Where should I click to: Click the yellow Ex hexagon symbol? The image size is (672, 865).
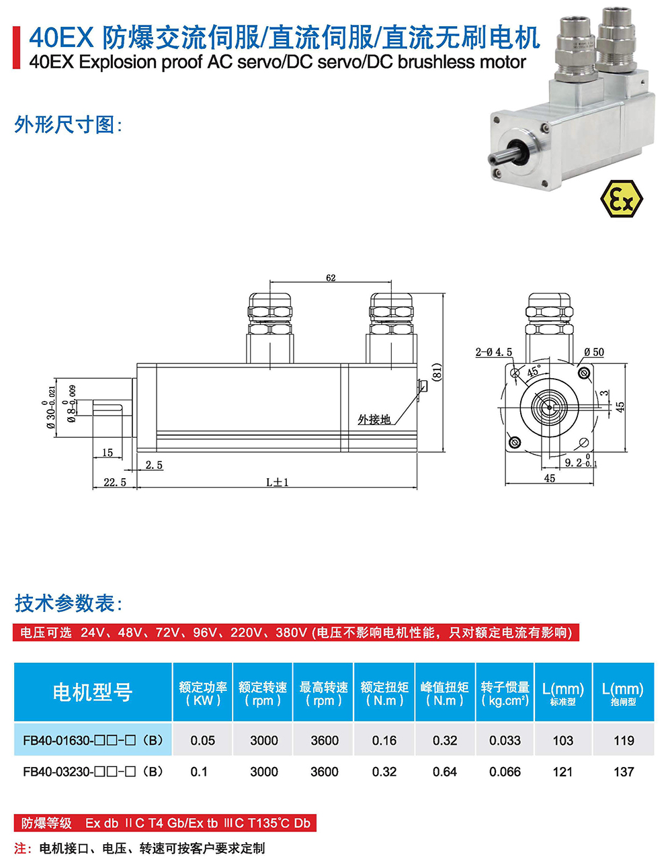pyautogui.click(x=622, y=198)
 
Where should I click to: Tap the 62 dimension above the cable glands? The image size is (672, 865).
pyautogui.click(x=331, y=277)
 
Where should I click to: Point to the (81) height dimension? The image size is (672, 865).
pyautogui.click(x=437, y=373)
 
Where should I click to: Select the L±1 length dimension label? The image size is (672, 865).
pyautogui.click(x=278, y=482)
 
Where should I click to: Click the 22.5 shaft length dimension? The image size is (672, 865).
pyautogui.click(x=115, y=482)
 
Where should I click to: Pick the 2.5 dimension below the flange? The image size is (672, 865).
pyautogui.click(x=154, y=465)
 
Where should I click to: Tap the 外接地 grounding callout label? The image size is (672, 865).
pyautogui.click(x=374, y=420)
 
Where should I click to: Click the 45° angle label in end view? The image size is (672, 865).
pyautogui.click(x=534, y=371)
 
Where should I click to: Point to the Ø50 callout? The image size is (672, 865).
pyautogui.click(x=594, y=352)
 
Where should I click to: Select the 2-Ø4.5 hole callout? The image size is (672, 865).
pyautogui.click(x=493, y=352)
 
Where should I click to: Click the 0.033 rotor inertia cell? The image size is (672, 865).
pyautogui.click(x=505, y=740)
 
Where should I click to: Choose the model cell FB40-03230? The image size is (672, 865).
pyautogui.click(x=93, y=772)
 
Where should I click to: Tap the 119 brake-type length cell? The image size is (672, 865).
pyautogui.click(x=624, y=740)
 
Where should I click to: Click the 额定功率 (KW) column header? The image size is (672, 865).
pyautogui.click(x=203, y=694)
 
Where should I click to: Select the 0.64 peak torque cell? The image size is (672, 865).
pyautogui.click(x=445, y=772)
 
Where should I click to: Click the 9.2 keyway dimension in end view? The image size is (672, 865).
pyautogui.click(x=573, y=463)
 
